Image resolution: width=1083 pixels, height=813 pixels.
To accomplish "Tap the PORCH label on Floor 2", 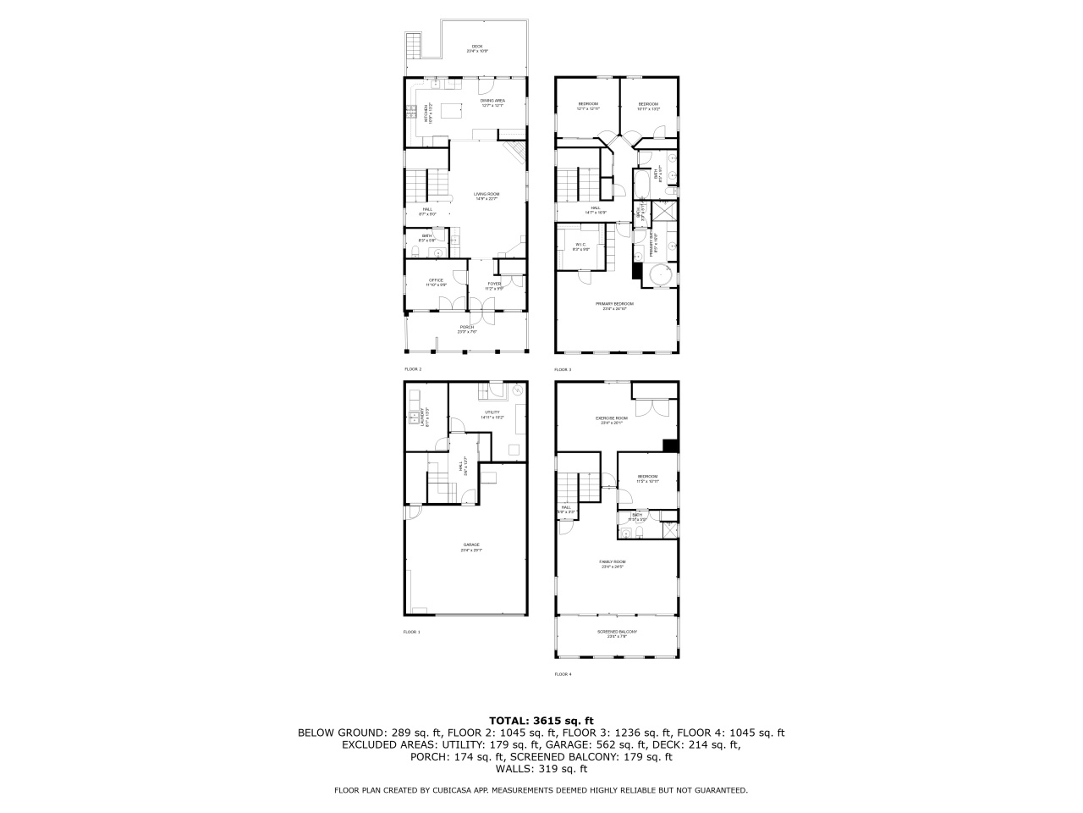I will click(467, 329).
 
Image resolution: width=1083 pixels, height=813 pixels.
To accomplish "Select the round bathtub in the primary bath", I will click(658, 276).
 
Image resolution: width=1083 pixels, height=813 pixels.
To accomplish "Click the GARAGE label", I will click(470, 546).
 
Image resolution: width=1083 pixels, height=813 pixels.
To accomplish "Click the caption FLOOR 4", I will click(563, 675).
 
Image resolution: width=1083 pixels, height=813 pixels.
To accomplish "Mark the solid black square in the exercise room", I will click(670, 445).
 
